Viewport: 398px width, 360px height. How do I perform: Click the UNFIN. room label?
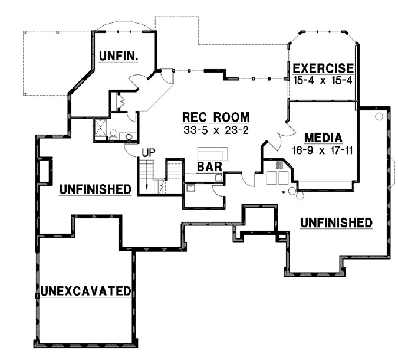(119, 57)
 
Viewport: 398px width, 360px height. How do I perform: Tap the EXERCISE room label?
(323, 68)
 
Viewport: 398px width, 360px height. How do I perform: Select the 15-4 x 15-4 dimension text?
(323, 80)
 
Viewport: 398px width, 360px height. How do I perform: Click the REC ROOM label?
(215, 116)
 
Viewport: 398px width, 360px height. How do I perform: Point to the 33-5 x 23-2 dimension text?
(215, 128)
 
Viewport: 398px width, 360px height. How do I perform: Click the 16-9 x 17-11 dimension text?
(322, 150)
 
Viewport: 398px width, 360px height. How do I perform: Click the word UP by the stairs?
(147, 153)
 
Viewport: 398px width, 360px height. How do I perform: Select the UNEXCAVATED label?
(85, 290)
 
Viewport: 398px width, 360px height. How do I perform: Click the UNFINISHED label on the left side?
(94, 189)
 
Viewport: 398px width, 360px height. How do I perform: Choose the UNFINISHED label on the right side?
(336, 222)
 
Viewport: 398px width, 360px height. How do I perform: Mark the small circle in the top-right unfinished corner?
(379, 117)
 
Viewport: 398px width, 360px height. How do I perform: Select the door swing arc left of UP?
(130, 149)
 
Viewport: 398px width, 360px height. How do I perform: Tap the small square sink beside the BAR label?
(218, 176)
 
